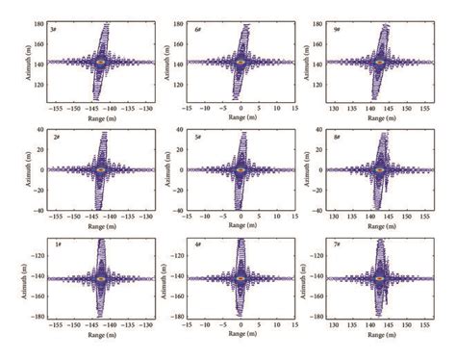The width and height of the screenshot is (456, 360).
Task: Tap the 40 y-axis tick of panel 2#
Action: click(x=41, y=129)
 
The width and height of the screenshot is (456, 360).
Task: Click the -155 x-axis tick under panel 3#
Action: click(x=57, y=110)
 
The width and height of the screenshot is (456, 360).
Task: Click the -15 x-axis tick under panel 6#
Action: click(x=189, y=110)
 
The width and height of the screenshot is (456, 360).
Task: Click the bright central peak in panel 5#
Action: click(x=241, y=168)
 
